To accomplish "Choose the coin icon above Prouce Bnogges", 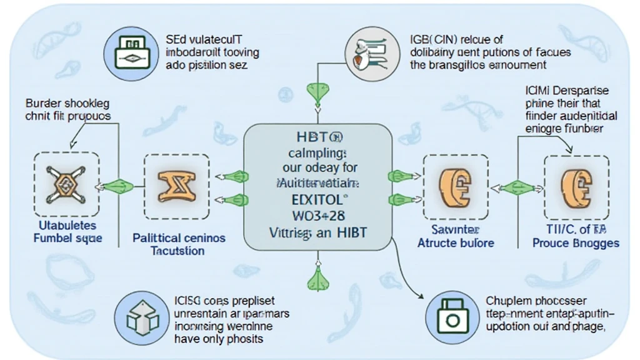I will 575,186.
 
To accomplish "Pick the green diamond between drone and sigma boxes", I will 119,186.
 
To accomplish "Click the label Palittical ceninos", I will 179,238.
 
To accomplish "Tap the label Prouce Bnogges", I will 576,243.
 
